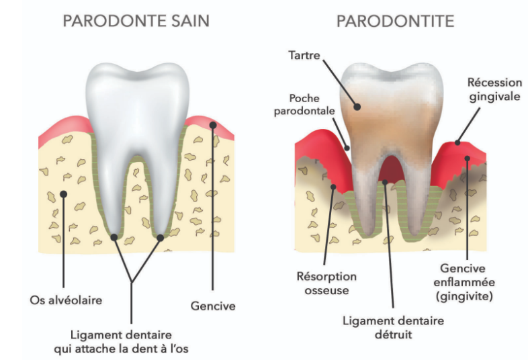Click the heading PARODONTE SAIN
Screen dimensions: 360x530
136,21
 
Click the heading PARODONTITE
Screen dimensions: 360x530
395,21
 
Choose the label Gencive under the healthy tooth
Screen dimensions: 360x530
213,306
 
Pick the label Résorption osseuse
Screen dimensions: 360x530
326,282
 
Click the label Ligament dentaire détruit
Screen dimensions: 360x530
394,327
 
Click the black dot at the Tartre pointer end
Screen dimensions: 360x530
357,105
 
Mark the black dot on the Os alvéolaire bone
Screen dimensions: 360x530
63,194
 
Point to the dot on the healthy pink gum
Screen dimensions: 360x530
213,125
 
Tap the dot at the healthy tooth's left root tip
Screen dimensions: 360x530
114,237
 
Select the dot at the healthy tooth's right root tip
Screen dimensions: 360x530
161,237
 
